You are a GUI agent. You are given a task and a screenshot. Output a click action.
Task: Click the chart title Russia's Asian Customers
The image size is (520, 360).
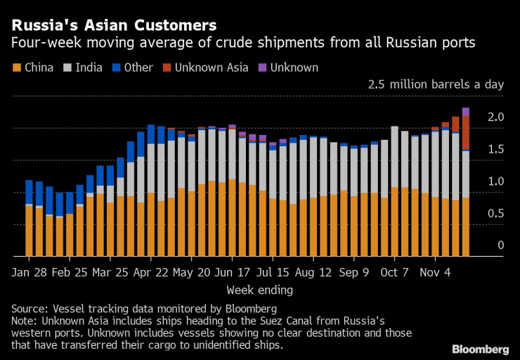point(113,25)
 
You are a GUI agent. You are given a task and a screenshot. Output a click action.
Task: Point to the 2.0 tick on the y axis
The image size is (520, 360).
point(496,117)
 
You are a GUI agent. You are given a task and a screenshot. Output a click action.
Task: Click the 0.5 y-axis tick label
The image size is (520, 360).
point(496,213)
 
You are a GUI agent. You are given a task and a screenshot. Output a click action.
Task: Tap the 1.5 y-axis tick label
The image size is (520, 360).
point(496,149)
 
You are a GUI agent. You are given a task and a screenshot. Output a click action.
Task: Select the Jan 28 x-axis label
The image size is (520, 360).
point(29,272)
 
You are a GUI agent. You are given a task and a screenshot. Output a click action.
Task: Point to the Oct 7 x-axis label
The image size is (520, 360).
point(394,272)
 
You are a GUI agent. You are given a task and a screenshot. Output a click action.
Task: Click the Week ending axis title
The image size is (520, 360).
point(259,290)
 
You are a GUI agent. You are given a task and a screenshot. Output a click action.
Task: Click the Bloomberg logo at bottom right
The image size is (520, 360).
point(480,349)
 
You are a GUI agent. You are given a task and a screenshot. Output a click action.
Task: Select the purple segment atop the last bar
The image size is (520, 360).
point(465,111)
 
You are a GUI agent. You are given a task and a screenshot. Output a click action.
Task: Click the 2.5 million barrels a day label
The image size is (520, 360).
point(436,84)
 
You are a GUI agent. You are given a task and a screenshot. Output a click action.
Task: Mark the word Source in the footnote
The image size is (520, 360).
point(29,309)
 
